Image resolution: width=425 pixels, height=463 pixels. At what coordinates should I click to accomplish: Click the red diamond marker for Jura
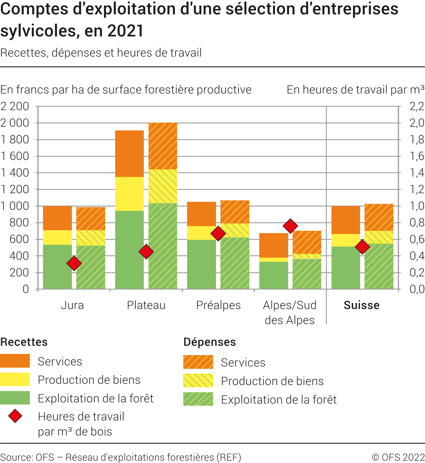pyautogui.click(x=74, y=263)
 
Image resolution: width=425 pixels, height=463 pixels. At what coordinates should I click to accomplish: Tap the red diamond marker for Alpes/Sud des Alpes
pyautogui.click(x=290, y=226)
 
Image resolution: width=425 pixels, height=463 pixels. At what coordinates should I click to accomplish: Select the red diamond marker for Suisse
pyautogui.click(x=362, y=247)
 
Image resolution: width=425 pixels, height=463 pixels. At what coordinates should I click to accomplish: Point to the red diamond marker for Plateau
pyautogui.click(x=146, y=252)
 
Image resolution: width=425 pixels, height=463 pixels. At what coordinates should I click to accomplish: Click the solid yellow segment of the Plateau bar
pyautogui.click(x=129, y=194)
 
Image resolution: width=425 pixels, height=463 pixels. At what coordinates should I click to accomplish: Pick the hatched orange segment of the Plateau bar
pyautogui.click(x=163, y=146)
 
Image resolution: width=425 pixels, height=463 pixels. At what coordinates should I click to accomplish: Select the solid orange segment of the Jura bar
pyautogui.click(x=58, y=218)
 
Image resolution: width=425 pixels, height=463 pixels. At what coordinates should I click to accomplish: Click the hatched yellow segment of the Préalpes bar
pyautogui.click(x=235, y=230)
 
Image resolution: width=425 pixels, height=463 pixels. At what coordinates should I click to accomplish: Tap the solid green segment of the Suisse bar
pyautogui.click(x=346, y=268)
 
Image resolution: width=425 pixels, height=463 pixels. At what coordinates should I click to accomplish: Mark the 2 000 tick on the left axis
pyautogui.click(x=15, y=123)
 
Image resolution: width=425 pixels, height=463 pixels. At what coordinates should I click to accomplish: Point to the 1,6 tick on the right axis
pyautogui.click(x=417, y=156)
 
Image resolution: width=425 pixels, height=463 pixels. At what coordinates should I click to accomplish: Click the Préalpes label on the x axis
pyautogui.click(x=218, y=305)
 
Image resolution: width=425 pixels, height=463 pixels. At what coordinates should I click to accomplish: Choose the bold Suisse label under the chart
pyautogui.click(x=362, y=305)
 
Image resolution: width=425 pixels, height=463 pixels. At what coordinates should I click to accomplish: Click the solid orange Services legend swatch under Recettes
pyautogui.click(x=15, y=361)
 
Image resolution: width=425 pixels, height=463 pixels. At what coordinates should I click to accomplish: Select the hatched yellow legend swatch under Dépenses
pyautogui.click(x=198, y=381)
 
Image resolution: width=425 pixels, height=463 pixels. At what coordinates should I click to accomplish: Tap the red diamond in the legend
pyautogui.click(x=15, y=416)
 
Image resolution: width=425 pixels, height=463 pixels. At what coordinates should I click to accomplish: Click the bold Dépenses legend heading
pyautogui.click(x=210, y=342)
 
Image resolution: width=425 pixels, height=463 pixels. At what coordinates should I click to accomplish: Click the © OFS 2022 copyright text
pyautogui.click(x=398, y=457)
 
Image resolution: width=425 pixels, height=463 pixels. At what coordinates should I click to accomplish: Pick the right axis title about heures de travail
pyautogui.click(x=355, y=89)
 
